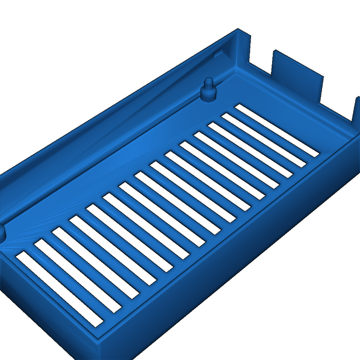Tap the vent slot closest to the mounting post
(x=277, y=130)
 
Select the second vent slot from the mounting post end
(x=264, y=140)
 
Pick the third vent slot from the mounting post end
(x=250, y=150)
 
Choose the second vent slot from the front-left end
(x=78, y=276)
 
